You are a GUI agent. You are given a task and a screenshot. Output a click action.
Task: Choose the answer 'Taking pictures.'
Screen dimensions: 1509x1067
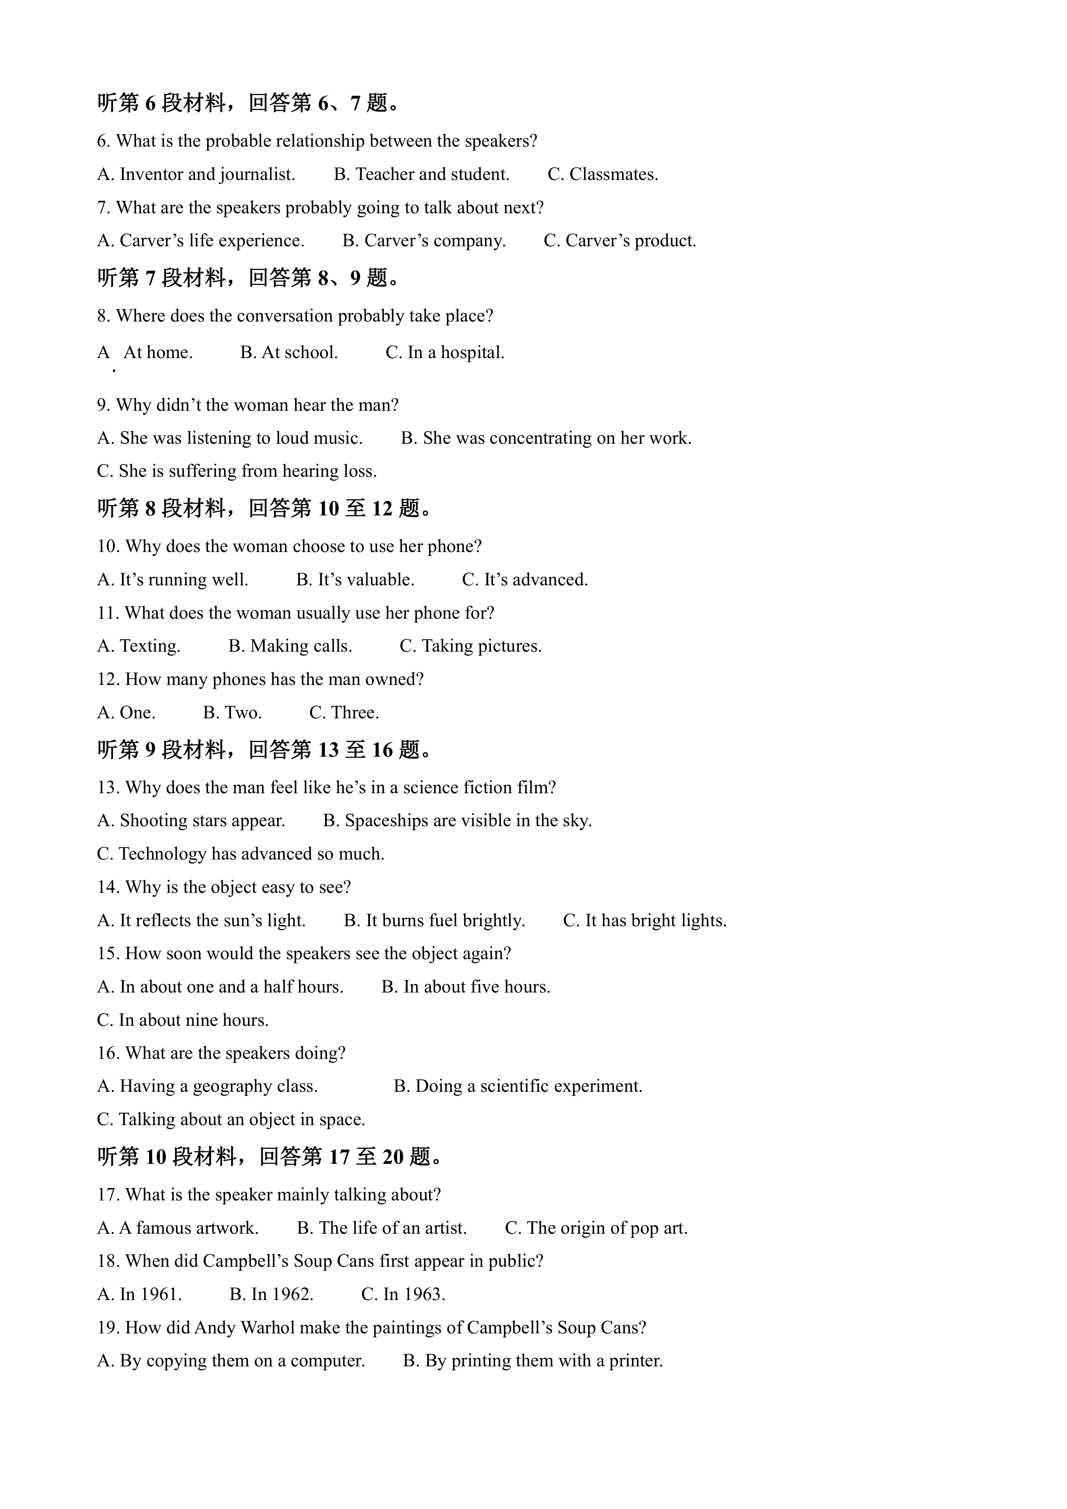(471, 646)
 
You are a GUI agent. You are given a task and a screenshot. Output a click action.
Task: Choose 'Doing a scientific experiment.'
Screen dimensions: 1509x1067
(518, 1086)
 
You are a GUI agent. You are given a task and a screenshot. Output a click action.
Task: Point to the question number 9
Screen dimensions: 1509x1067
(104, 405)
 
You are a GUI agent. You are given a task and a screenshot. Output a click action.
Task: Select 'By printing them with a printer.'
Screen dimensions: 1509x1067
(533, 1361)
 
